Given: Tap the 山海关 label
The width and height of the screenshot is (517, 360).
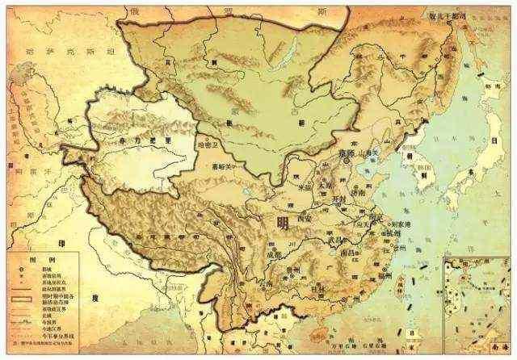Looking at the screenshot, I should [x=371, y=152].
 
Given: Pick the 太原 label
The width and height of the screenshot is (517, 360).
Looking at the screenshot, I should [x=325, y=183].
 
